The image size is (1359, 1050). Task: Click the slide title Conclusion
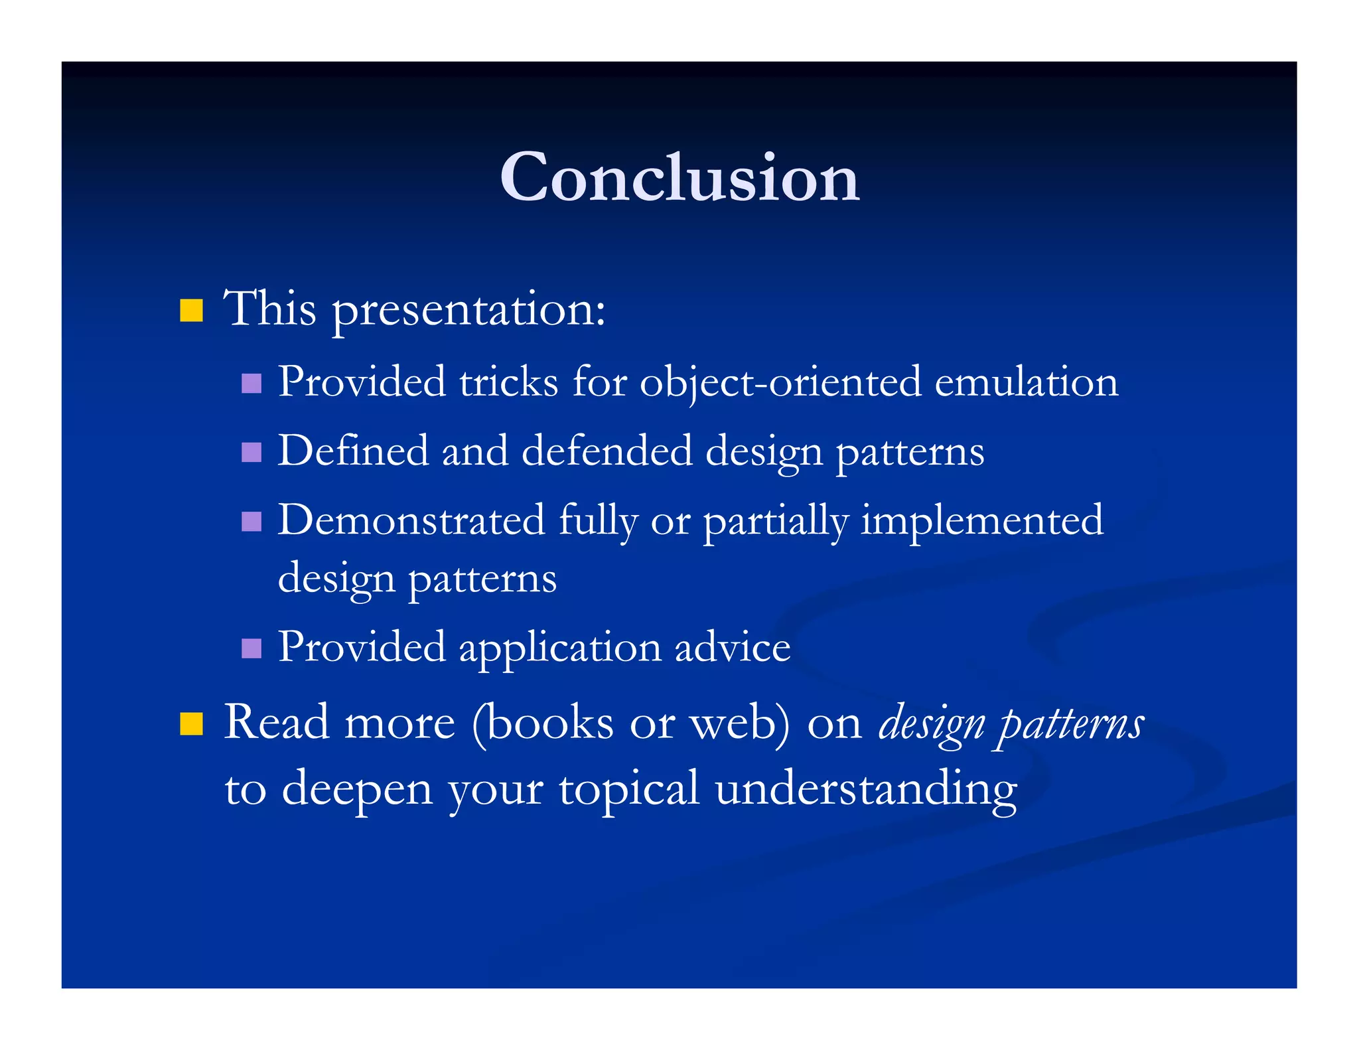click(679, 177)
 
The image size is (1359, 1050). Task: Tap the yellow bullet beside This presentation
click(191, 311)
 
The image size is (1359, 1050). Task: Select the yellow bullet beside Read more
click(191, 724)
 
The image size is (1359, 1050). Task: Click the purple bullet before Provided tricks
click(251, 384)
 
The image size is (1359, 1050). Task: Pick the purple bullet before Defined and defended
click(251, 453)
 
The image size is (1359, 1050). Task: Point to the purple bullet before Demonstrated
click(251, 521)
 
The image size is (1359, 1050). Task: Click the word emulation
click(1026, 382)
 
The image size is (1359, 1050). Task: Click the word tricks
click(509, 382)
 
